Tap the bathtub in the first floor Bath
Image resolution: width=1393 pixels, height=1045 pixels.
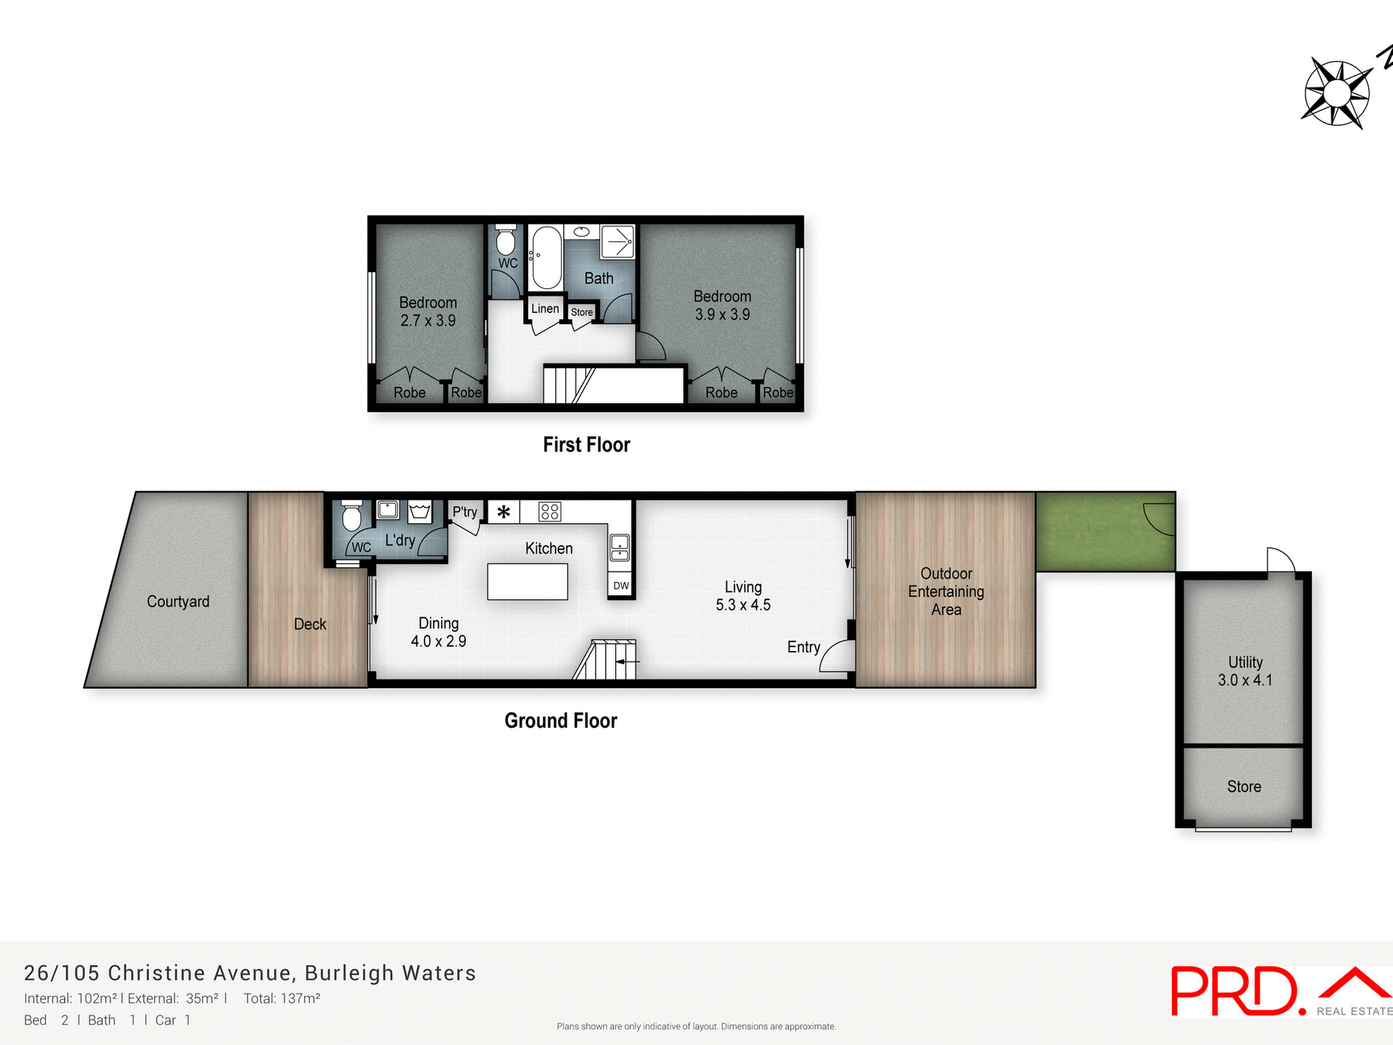click(x=546, y=258)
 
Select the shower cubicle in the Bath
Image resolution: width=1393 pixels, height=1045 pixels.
click(x=617, y=242)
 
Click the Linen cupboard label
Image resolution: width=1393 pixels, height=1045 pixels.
click(x=545, y=308)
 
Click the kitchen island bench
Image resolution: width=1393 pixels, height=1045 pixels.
click(x=527, y=582)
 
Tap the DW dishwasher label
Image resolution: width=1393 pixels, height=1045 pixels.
click(x=621, y=586)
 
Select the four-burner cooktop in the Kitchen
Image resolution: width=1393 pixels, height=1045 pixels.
click(x=549, y=512)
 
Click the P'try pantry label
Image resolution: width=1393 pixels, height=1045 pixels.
click(x=465, y=512)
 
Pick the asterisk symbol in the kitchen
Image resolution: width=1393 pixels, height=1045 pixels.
click(x=504, y=512)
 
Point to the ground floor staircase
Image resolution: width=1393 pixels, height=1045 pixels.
click(x=607, y=660)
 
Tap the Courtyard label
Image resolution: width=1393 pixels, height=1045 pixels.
click(x=178, y=602)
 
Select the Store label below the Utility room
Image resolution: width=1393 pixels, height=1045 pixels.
click(x=1244, y=787)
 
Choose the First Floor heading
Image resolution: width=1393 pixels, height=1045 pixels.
click(x=586, y=445)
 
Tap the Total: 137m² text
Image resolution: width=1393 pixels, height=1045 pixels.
click(x=282, y=999)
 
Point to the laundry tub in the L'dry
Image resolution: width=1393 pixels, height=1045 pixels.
click(x=420, y=511)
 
